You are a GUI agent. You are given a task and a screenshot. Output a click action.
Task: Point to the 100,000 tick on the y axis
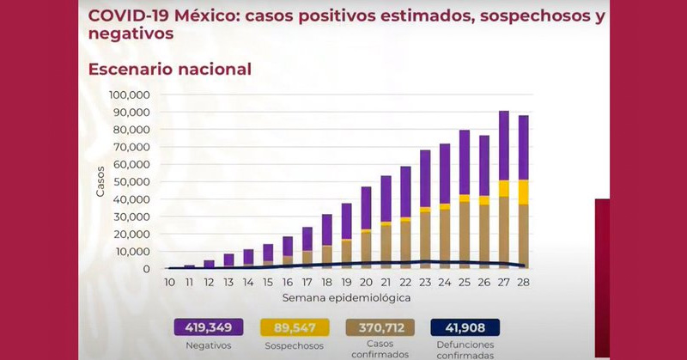pos(131,95)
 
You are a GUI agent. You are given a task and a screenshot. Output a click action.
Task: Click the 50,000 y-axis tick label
pos(133,182)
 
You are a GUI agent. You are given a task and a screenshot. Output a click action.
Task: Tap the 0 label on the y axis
pos(148,270)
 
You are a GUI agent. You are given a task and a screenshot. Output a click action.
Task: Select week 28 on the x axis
pos(523,282)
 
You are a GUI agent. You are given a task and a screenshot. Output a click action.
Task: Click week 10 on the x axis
pos(170,282)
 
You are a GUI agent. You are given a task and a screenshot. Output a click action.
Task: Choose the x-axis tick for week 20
pos(366,282)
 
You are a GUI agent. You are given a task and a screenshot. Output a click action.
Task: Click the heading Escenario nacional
pos(170,69)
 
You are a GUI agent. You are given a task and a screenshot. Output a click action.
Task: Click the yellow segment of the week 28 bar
pos(523,192)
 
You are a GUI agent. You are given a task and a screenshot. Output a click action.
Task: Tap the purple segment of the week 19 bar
pos(347,221)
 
